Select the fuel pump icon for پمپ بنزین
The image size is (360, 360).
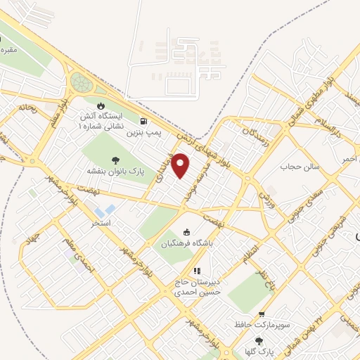(144, 120)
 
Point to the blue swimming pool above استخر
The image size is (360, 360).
(105, 210)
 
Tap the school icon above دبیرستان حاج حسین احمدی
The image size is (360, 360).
(198, 270)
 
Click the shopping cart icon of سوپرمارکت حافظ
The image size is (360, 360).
(262, 314)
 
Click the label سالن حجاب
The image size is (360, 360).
(300, 167)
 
